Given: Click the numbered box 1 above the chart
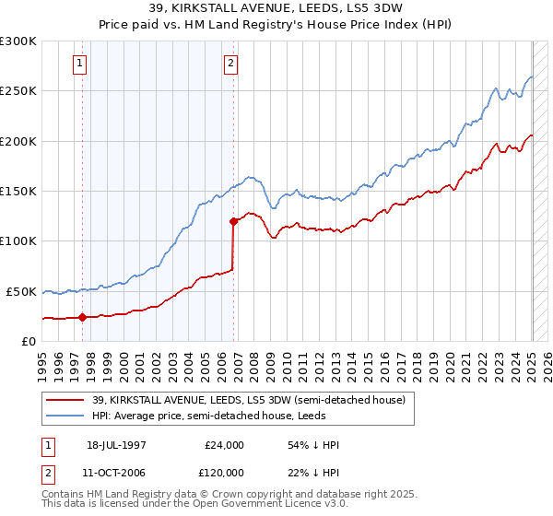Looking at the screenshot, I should pos(81,64).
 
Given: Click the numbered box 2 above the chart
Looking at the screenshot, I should pos(230,64).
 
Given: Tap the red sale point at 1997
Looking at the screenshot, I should pos(83,317).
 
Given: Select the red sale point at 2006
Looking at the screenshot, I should pos(233,221).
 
